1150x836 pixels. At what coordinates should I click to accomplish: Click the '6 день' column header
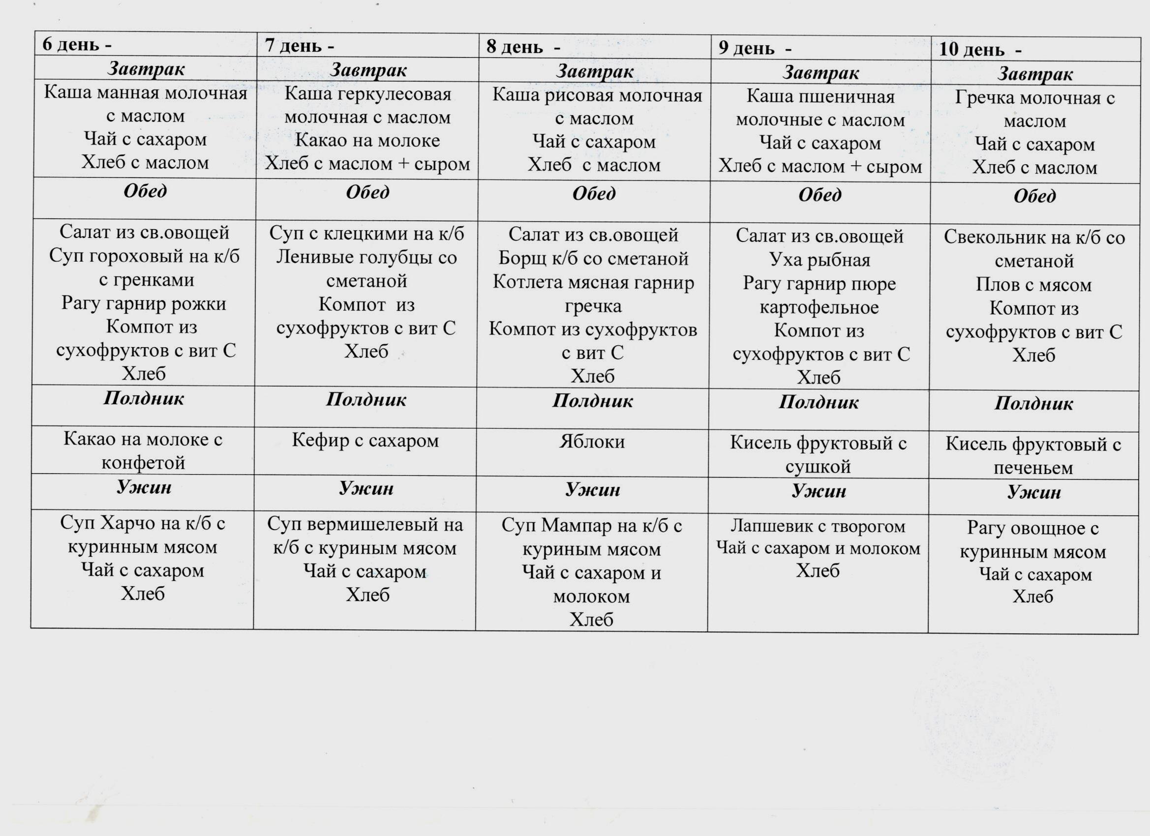[x=71, y=45]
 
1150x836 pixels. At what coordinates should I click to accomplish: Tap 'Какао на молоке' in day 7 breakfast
[x=367, y=141]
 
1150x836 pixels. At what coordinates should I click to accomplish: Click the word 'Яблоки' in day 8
[x=592, y=442]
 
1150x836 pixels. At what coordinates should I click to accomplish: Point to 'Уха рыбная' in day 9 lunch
[x=819, y=260]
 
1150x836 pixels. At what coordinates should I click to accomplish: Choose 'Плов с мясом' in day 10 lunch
[x=1033, y=285]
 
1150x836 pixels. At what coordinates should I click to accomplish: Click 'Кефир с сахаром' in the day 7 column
[x=365, y=441]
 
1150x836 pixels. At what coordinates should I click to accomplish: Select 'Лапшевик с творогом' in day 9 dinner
[x=818, y=526]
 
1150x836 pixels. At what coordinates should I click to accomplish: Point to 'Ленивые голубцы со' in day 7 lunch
[x=366, y=258]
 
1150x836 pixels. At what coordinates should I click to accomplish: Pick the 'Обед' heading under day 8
[x=594, y=194]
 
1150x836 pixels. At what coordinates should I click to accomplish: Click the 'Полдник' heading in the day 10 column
[x=1033, y=404]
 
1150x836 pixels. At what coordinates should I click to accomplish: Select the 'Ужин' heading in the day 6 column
[x=144, y=487]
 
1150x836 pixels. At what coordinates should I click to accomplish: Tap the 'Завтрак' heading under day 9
[x=820, y=73]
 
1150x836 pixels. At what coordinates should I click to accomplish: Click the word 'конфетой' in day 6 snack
[x=144, y=463]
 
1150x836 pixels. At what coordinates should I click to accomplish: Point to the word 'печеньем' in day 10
[x=1033, y=468]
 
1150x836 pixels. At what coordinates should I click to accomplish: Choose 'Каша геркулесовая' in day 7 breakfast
[x=367, y=94]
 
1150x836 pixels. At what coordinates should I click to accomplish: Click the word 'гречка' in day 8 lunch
[x=593, y=307]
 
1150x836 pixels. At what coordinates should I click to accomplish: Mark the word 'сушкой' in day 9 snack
[x=818, y=467]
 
